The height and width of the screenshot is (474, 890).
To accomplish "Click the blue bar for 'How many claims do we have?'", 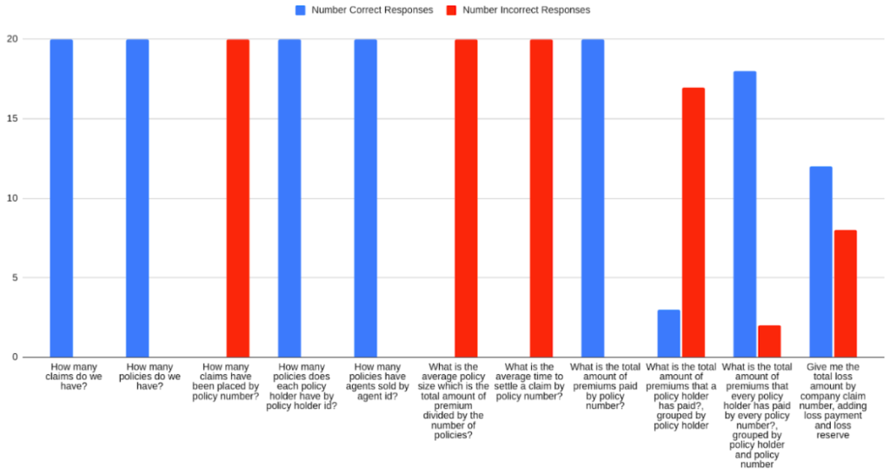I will click(61, 198).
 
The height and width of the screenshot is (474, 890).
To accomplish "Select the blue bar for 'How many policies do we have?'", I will click(137, 198).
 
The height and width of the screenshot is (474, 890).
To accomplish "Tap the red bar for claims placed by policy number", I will click(237, 198).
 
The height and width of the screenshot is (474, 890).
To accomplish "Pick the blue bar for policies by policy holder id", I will click(289, 198).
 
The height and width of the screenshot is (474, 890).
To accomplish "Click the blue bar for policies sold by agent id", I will click(365, 198).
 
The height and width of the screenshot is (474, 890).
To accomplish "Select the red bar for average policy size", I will click(466, 198).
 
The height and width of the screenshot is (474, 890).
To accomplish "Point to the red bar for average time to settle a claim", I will click(541, 198).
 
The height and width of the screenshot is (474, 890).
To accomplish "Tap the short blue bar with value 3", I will click(668, 333).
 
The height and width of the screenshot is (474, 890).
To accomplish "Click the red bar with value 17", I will click(693, 223).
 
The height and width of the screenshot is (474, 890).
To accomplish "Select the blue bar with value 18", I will click(745, 214).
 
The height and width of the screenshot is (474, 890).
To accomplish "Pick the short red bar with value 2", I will click(769, 341).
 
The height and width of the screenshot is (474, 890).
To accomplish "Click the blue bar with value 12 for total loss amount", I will click(820, 262).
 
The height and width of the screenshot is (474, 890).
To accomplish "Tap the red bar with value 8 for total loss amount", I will click(845, 293).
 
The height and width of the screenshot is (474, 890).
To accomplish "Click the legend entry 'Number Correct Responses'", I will click(364, 10).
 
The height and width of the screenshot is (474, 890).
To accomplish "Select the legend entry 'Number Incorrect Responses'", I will click(521, 10).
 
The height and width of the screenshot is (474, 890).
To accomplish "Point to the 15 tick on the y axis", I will click(13, 119).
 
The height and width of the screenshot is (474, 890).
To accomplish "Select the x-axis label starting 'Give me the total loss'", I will click(832, 400).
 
